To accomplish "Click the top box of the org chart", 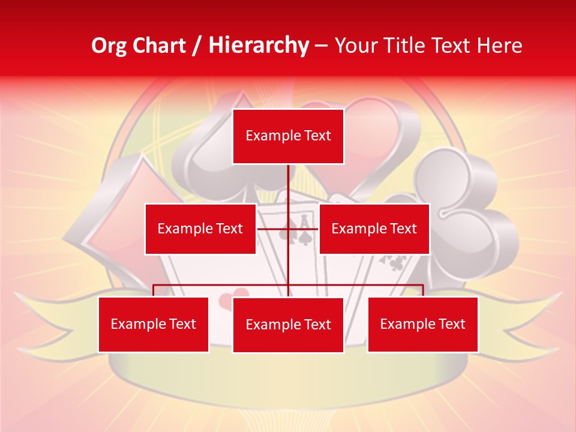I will tap(288, 136).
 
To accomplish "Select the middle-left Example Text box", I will tap(200, 229).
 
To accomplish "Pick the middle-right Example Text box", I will tap(374, 229).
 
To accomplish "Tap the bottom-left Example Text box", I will tap(153, 324).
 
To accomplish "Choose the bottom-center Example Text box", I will tap(288, 325).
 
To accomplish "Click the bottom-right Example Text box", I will tap(422, 324).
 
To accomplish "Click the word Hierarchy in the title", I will tap(258, 46).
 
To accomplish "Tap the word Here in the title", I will tap(499, 46).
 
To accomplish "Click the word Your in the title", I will tap(355, 46).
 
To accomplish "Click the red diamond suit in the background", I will tap(108, 216).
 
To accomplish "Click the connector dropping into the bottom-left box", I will tap(153, 290).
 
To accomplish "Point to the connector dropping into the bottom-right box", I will tap(423, 290).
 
